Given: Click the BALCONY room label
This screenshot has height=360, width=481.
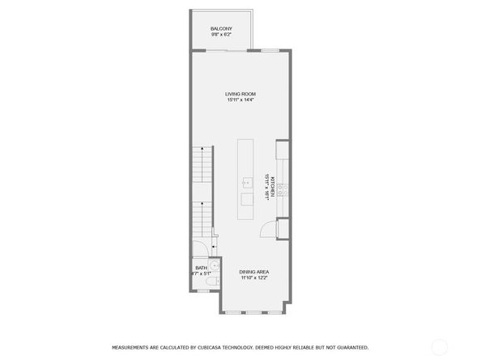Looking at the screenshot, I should (221, 28).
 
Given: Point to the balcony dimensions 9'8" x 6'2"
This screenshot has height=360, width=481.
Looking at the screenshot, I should (221, 35).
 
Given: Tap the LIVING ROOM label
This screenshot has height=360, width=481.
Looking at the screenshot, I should (240, 95).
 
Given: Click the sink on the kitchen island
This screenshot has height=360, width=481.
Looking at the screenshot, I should (246, 183).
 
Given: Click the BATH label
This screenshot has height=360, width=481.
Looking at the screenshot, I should (200, 268).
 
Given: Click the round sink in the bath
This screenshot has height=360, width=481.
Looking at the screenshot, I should (214, 267).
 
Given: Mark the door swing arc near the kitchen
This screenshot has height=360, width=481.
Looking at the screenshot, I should (266, 230).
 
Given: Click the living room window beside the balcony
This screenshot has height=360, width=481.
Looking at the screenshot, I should (270, 51).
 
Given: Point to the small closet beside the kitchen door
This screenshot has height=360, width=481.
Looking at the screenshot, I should (283, 228).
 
